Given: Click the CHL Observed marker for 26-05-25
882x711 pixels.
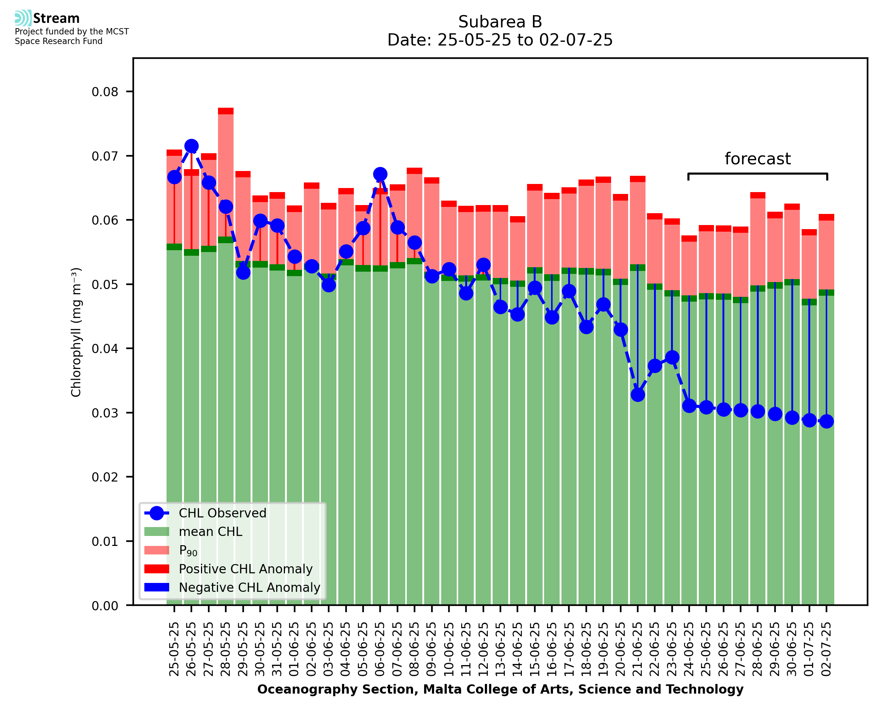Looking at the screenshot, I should (x=191, y=146).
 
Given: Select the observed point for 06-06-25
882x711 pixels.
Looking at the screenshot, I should (x=380, y=174).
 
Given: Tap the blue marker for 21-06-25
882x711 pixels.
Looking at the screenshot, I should (x=638, y=395).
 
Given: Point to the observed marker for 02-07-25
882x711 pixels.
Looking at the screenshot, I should (x=826, y=422).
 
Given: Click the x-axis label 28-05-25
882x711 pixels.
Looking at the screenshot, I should (x=226, y=649).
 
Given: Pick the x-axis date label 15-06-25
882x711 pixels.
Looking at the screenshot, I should (x=535, y=649).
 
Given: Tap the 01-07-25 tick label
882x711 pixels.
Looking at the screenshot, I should (x=809, y=649).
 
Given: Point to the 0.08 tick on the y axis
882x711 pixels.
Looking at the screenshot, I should (x=105, y=92).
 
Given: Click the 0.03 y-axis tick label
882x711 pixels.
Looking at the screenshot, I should (x=105, y=413).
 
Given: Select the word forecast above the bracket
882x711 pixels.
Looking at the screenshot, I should (x=758, y=159).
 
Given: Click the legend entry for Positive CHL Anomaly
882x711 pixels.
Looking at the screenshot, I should (x=245, y=569).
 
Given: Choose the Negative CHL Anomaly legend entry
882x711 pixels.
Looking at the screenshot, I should (x=249, y=587).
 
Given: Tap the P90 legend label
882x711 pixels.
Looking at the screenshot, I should (x=188, y=550).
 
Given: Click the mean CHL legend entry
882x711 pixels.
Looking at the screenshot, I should (x=211, y=531).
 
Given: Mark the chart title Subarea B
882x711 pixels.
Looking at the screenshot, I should (x=500, y=22).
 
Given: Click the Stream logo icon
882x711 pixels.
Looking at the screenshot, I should (x=23, y=18).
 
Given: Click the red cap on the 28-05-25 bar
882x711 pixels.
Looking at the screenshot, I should (x=226, y=111).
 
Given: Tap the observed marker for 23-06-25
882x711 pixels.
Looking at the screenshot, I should (x=672, y=358).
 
